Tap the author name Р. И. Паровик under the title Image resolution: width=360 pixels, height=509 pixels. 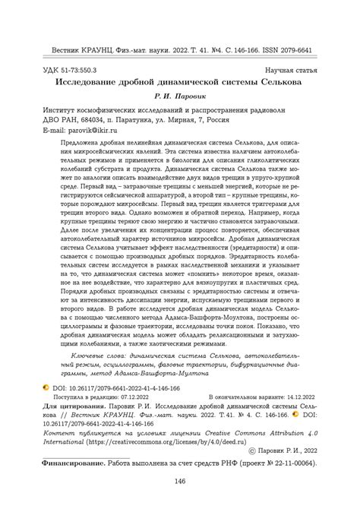180,96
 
